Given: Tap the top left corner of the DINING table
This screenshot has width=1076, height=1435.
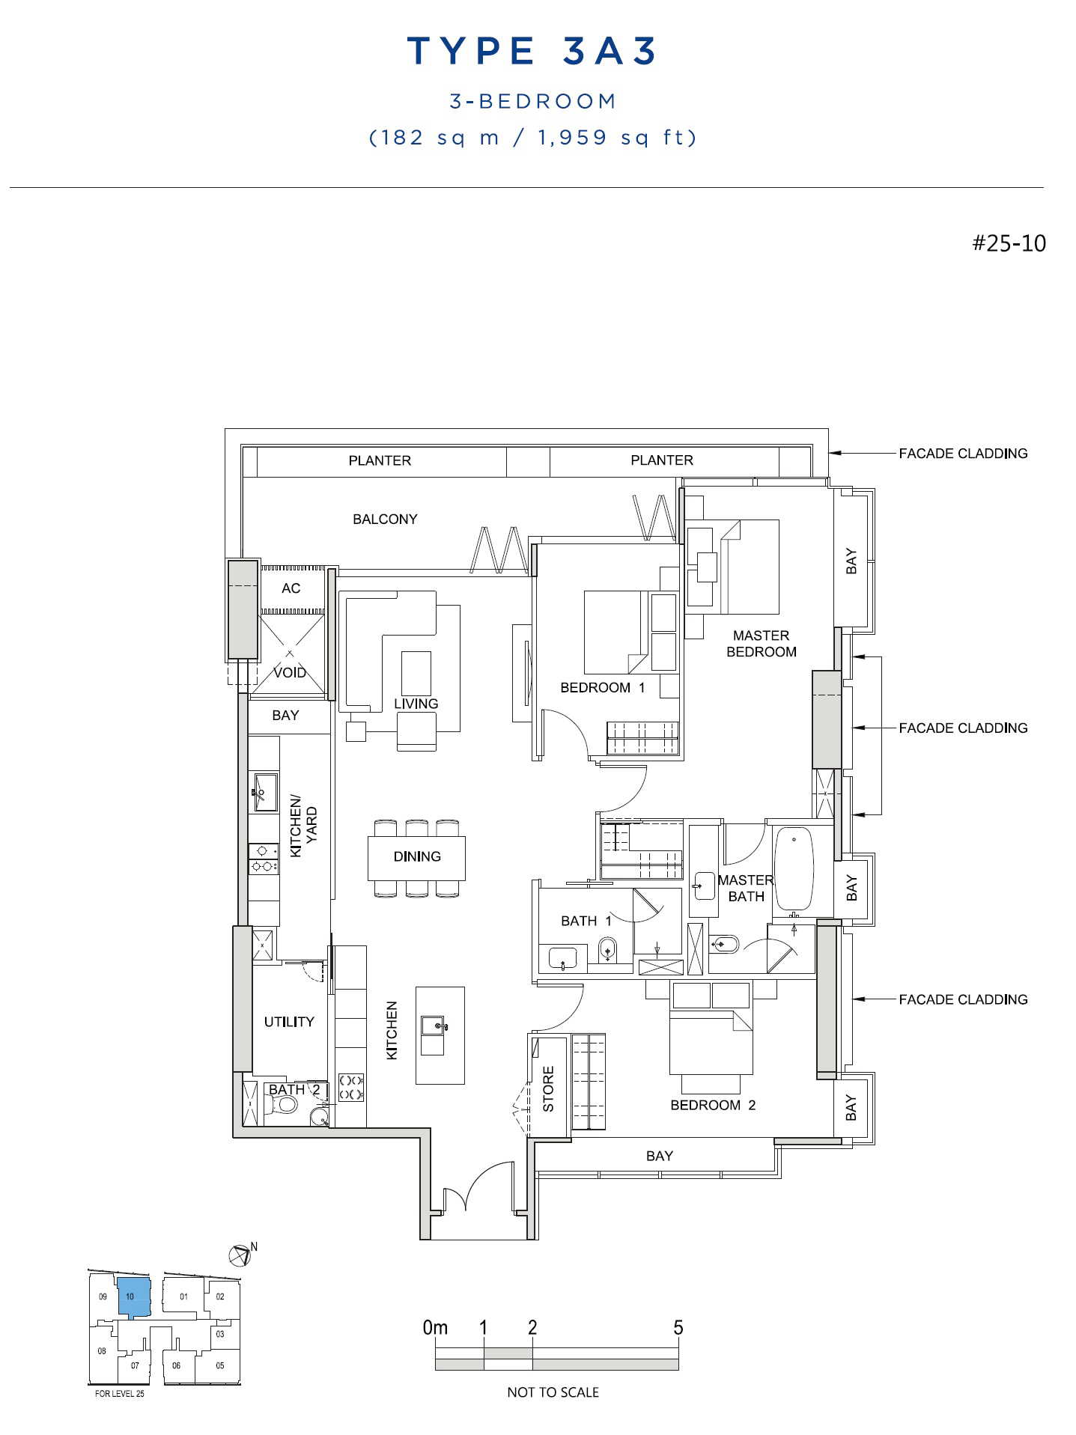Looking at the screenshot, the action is tap(368, 836).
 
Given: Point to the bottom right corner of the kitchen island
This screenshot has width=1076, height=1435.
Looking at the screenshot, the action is tap(464, 1083).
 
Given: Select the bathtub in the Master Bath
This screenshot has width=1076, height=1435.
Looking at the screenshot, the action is tap(793, 868).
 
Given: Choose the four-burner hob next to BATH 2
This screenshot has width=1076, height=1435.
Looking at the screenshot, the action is tap(351, 1087).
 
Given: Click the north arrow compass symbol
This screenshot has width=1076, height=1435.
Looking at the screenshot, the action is tap(240, 1254).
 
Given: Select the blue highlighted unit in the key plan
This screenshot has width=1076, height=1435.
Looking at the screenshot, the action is tap(134, 1297).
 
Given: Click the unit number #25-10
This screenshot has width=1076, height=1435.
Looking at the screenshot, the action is tap(1009, 243).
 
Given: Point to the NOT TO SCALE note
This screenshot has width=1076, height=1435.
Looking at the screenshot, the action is tap(553, 1392).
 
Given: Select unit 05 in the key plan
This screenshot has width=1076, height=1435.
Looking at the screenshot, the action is tap(219, 1365).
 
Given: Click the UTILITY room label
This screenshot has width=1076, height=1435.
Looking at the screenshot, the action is tap(289, 1022).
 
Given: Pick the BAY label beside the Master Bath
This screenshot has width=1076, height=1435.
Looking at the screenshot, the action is tap(851, 889).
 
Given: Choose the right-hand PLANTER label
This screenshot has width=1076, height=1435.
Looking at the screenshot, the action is tap(662, 460).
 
